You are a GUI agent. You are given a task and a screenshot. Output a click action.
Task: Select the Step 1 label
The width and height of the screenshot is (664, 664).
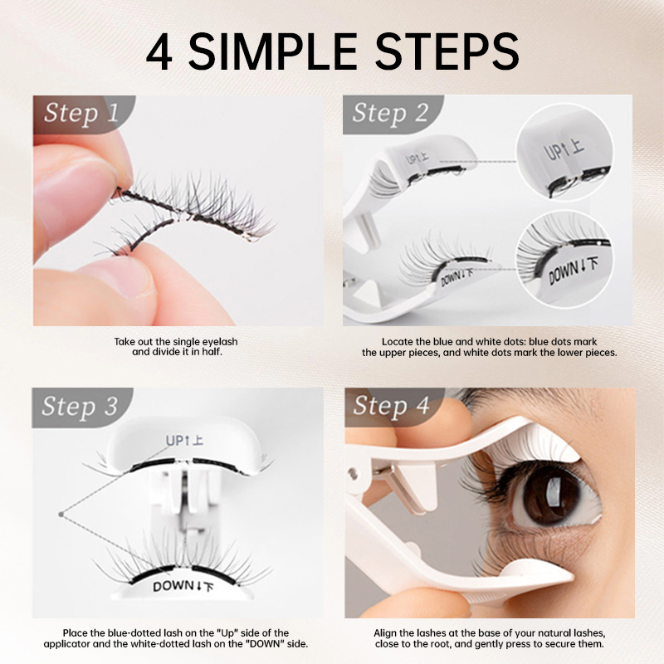[x=81, y=113]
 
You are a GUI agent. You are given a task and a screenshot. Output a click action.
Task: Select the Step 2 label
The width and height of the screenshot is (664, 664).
[x=390, y=113]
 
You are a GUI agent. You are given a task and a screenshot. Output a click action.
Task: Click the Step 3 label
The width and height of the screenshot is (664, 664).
[x=80, y=407]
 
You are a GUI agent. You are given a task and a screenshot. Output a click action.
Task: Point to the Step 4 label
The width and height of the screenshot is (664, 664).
[x=391, y=406]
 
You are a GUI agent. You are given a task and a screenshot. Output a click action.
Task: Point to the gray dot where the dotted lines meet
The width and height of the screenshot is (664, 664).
[x=61, y=514]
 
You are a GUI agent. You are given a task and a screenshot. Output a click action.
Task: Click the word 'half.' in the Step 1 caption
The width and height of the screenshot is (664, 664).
[x=212, y=352]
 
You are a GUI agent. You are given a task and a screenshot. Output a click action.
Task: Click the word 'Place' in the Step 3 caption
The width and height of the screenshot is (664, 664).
[x=75, y=633]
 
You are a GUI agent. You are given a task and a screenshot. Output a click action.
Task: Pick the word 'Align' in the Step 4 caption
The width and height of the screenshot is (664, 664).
[x=385, y=633]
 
